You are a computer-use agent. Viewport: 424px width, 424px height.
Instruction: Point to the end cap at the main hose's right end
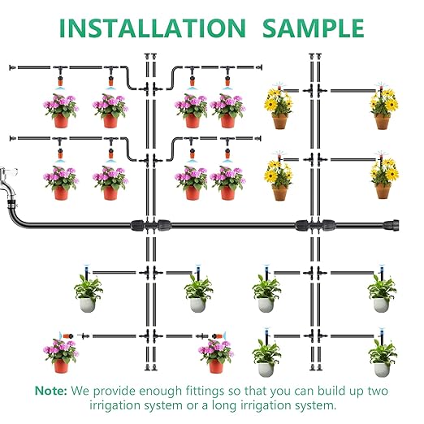[396, 222]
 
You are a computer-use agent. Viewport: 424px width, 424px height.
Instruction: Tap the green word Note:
[50, 390]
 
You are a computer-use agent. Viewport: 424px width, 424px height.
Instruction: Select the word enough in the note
[149, 390]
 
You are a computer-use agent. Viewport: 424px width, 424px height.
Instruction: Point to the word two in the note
[371, 390]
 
